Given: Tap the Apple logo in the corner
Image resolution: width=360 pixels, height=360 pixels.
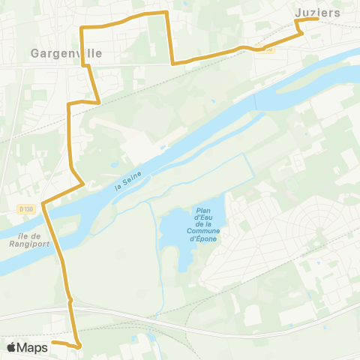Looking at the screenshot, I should point(11,347).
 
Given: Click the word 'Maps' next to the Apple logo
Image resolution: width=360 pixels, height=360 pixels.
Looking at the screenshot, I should point(32,347).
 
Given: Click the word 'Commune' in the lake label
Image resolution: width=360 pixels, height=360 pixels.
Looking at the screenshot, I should point(204,231).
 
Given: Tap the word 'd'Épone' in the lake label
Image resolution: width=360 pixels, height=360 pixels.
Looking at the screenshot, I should point(204,238).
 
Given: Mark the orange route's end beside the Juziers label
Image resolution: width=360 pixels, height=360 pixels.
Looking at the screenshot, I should point(318,20).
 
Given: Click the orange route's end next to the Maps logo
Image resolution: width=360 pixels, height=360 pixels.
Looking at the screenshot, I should point(54,342).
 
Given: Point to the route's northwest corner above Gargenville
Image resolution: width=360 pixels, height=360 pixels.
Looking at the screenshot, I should point(81,28).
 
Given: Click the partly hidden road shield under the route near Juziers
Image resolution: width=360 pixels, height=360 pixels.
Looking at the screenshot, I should point(270,49).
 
